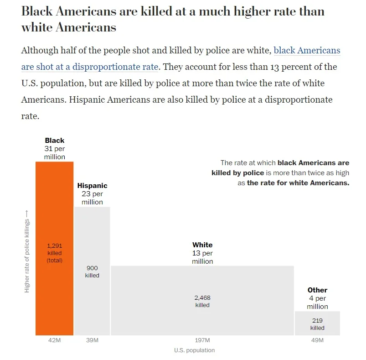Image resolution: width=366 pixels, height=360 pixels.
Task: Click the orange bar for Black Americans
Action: point(54,205)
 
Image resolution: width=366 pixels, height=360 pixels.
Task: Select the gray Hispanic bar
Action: point(92,237)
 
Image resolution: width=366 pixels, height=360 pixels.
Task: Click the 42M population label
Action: point(54,340)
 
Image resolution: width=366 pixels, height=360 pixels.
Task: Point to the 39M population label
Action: point(92,340)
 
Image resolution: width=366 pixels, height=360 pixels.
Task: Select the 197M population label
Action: point(202,340)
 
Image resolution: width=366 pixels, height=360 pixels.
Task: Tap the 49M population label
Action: point(317,340)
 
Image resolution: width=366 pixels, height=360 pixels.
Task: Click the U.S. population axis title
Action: point(194,350)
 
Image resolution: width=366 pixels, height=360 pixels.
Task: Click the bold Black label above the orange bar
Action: point(55,141)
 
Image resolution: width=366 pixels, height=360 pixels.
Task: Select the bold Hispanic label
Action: point(92,186)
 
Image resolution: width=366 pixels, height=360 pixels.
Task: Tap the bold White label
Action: point(202,245)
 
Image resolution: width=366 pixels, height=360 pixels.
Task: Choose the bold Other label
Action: point(317,290)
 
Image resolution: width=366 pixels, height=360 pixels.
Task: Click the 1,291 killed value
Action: point(55,246)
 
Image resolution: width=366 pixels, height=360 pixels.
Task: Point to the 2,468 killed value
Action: point(202,298)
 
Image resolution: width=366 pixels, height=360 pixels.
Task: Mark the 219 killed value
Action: point(317,321)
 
